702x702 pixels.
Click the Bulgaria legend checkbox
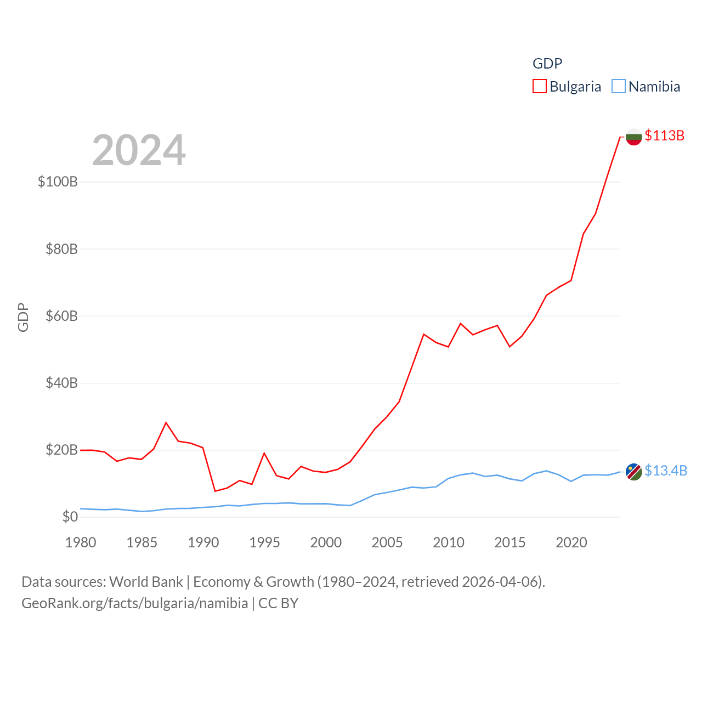(x=540, y=87)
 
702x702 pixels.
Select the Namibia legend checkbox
(x=619, y=87)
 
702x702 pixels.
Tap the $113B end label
(x=664, y=135)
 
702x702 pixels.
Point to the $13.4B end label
(x=665, y=471)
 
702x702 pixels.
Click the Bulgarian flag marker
(x=633, y=137)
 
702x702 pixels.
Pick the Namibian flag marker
(x=633, y=471)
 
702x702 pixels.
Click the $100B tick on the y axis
(x=58, y=182)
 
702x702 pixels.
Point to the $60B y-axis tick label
(x=61, y=316)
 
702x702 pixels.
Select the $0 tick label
(x=70, y=517)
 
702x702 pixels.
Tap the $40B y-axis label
(x=61, y=383)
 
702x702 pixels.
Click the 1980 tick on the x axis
(x=81, y=542)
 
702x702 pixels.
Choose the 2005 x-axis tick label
(x=387, y=542)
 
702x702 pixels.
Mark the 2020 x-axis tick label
(x=571, y=542)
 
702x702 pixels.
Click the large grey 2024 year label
(x=139, y=150)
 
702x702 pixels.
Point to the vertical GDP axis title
(x=23, y=317)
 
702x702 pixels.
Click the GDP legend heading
(x=547, y=64)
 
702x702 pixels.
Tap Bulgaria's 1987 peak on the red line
(x=166, y=422)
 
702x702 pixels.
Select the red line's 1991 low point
(x=215, y=491)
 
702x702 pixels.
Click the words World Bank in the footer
(x=146, y=581)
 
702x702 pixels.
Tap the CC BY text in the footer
(x=278, y=603)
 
